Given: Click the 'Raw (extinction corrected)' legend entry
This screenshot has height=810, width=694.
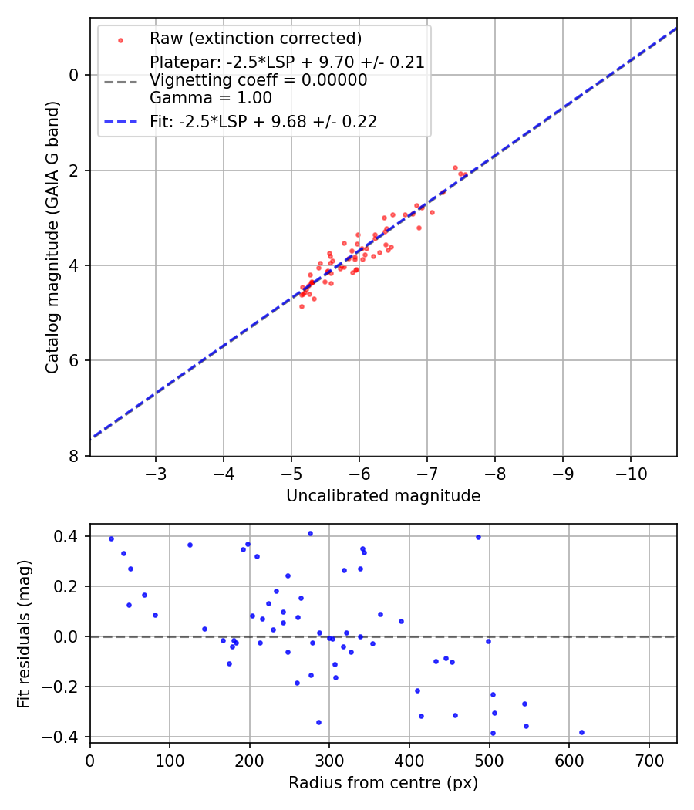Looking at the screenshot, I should [x=255, y=39].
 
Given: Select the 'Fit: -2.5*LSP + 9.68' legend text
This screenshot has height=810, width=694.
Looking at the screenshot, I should [x=263, y=121].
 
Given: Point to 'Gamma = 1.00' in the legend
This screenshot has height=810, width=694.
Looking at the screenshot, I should [x=211, y=98].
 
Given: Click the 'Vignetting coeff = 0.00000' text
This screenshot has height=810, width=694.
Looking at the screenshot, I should [x=258, y=80].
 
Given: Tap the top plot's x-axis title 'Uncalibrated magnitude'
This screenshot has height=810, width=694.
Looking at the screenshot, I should [x=383, y=496].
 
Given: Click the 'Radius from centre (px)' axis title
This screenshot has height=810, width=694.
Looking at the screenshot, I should [x=383, y=783].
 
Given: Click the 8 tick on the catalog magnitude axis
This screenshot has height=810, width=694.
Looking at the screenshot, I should [x=74, y=456].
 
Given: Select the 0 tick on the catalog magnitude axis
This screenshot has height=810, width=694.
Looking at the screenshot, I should [x=74, y=75].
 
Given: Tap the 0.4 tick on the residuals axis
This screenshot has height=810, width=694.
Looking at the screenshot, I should [x=68, y=536].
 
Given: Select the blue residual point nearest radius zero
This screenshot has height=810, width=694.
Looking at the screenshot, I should [x=111, y=538].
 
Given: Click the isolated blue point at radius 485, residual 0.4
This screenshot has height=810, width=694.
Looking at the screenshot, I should [x=478, y=537].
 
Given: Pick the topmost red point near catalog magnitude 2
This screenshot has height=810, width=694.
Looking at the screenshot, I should [x=455, y=167].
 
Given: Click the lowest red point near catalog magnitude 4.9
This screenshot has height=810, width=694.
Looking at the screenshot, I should [x=302, y=306].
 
